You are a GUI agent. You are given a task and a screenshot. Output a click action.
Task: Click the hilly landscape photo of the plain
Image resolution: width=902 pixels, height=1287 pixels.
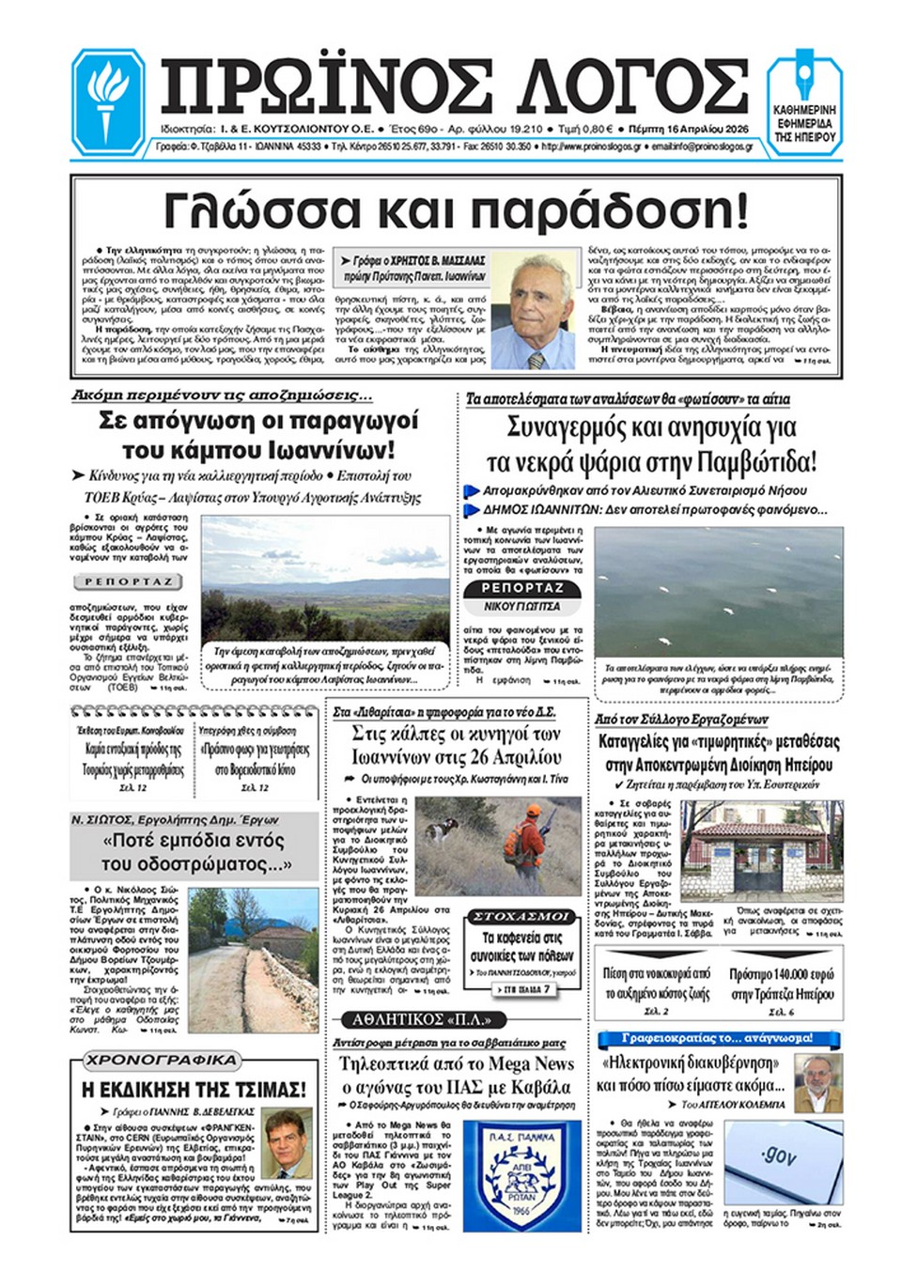click(x=325, y=578)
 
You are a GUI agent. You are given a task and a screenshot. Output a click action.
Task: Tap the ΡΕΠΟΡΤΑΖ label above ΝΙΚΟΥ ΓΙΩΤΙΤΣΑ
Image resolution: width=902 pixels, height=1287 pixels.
click(x=523, y=588)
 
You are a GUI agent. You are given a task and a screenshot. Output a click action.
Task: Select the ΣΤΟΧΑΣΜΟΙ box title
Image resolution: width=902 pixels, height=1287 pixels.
click(x=520, y=916)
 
